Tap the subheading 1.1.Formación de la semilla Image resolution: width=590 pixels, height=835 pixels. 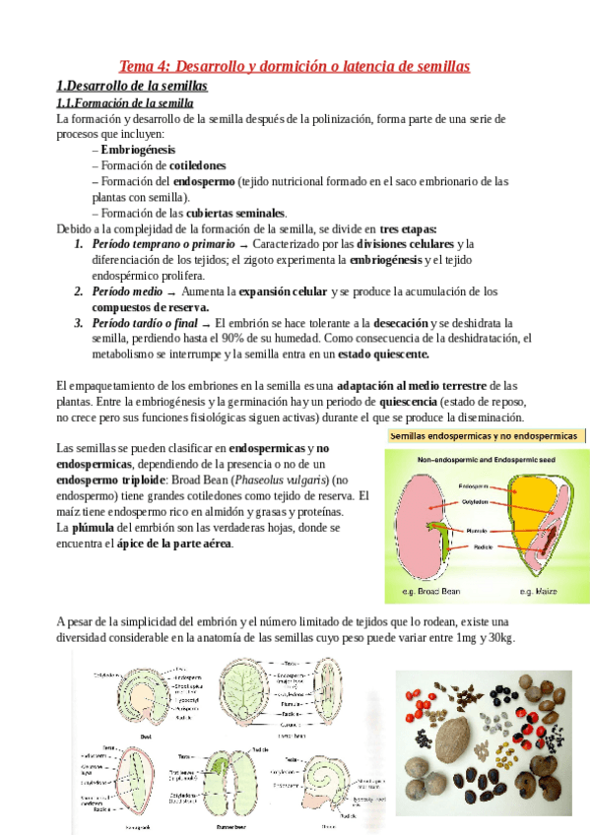(125, 102)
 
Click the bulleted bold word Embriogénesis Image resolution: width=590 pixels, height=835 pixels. (138, 150)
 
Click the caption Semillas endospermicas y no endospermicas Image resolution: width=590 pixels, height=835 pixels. (484, 435)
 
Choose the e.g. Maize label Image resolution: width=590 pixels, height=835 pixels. (539, 591)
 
